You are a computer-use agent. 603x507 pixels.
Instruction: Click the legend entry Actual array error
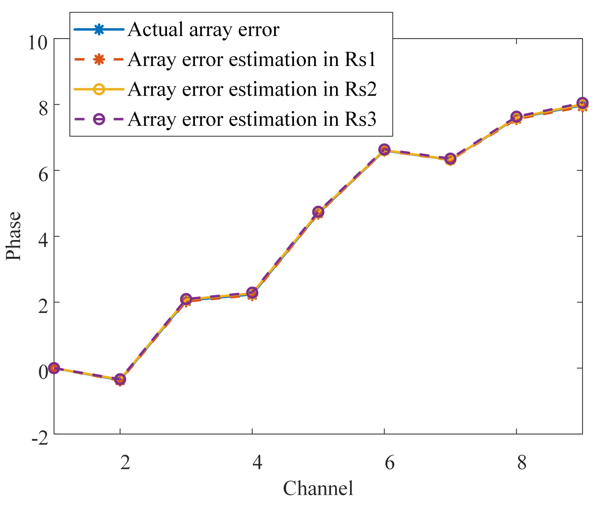pyautogui.click(x=203, y=30)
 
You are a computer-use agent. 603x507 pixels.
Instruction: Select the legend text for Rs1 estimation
pyautogui.click(x=252, y=59)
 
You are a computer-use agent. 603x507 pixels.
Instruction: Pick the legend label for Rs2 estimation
pyautogui.click(x=252, y=89)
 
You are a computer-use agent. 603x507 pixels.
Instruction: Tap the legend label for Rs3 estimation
pyautogui.click(x=252, y=119)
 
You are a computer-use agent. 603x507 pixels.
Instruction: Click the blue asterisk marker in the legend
pyautogui.click(x=99, y=30)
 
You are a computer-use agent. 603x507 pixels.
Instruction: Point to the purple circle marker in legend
pyautogui.click(x=99, y=119)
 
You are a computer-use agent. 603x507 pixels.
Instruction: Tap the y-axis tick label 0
pyautogui.click(x=43, y=371)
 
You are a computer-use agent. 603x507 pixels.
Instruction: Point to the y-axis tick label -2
pyautogui.click(x=40, y=438)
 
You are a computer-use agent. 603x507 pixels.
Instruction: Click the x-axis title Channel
pyautogui.click(x=318, y=489)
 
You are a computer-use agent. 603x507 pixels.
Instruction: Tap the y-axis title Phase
pyautogui.click(x=14, y=236)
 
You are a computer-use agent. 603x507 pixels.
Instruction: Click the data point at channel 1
pyautogui.click(x=54, y=368)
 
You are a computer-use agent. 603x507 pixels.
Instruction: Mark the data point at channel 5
pyautogui.click(x=318, y=212)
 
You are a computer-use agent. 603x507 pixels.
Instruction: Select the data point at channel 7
pyautogui.click(x=450, y=159)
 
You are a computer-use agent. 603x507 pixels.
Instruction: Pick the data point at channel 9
pyautogui.click(x=582, y=103)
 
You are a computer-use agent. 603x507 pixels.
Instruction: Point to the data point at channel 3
pyautogui.click(x=186, y=299)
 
